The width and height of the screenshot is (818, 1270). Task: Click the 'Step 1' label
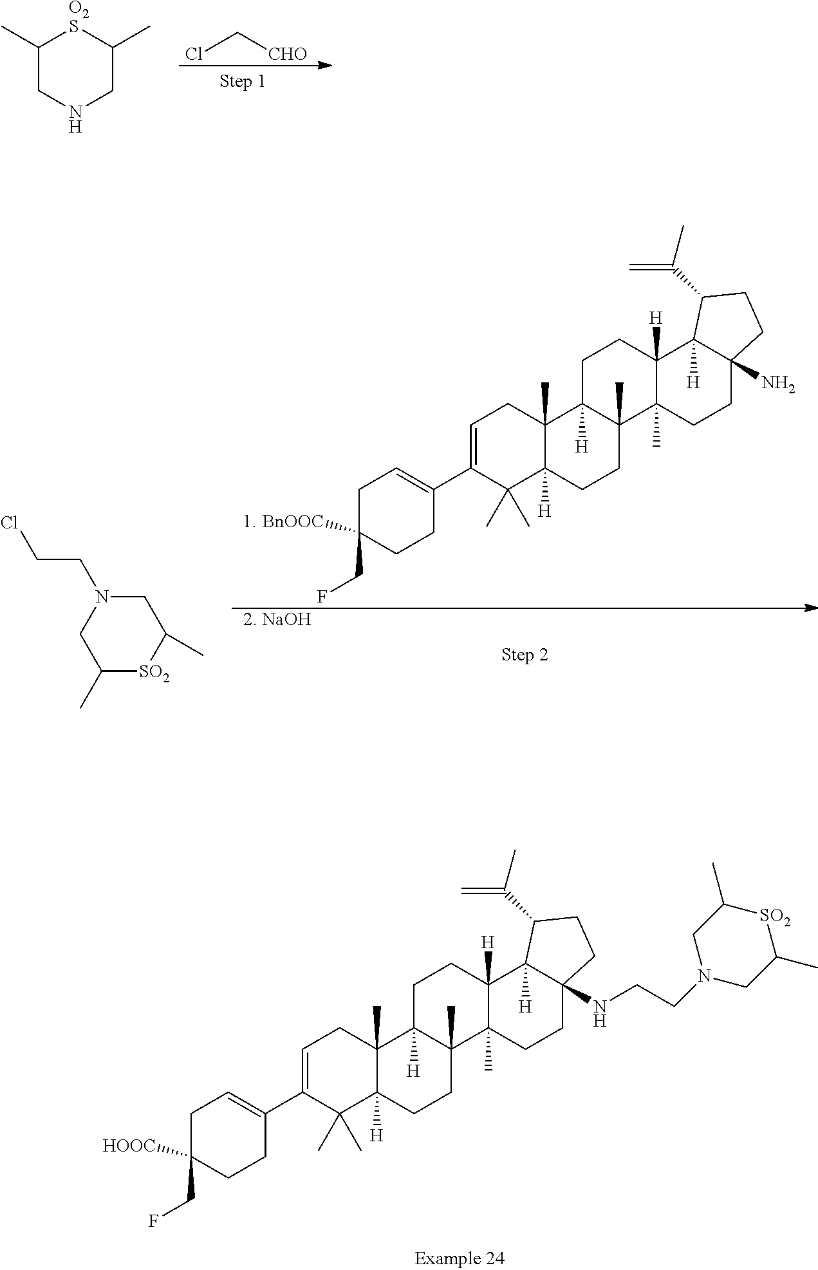pos(242,82)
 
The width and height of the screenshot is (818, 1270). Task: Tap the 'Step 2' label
pos(525,655)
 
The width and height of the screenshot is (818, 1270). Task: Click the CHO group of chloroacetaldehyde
pos(287,54)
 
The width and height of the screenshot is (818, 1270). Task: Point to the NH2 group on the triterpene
pos(778,385)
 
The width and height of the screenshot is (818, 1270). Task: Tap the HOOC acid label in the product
pos(129,1146)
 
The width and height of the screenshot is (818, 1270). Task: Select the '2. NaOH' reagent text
pos(277,621)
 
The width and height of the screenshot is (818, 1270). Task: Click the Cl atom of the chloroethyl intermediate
pos(10,523)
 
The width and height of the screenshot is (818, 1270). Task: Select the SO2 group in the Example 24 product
pos(774,917)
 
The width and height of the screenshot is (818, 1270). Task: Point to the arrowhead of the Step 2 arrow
pos(811,608)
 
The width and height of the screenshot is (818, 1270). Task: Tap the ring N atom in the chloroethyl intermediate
pos(100,596)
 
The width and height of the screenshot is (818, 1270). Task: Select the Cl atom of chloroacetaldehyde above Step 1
pos(194,54)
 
